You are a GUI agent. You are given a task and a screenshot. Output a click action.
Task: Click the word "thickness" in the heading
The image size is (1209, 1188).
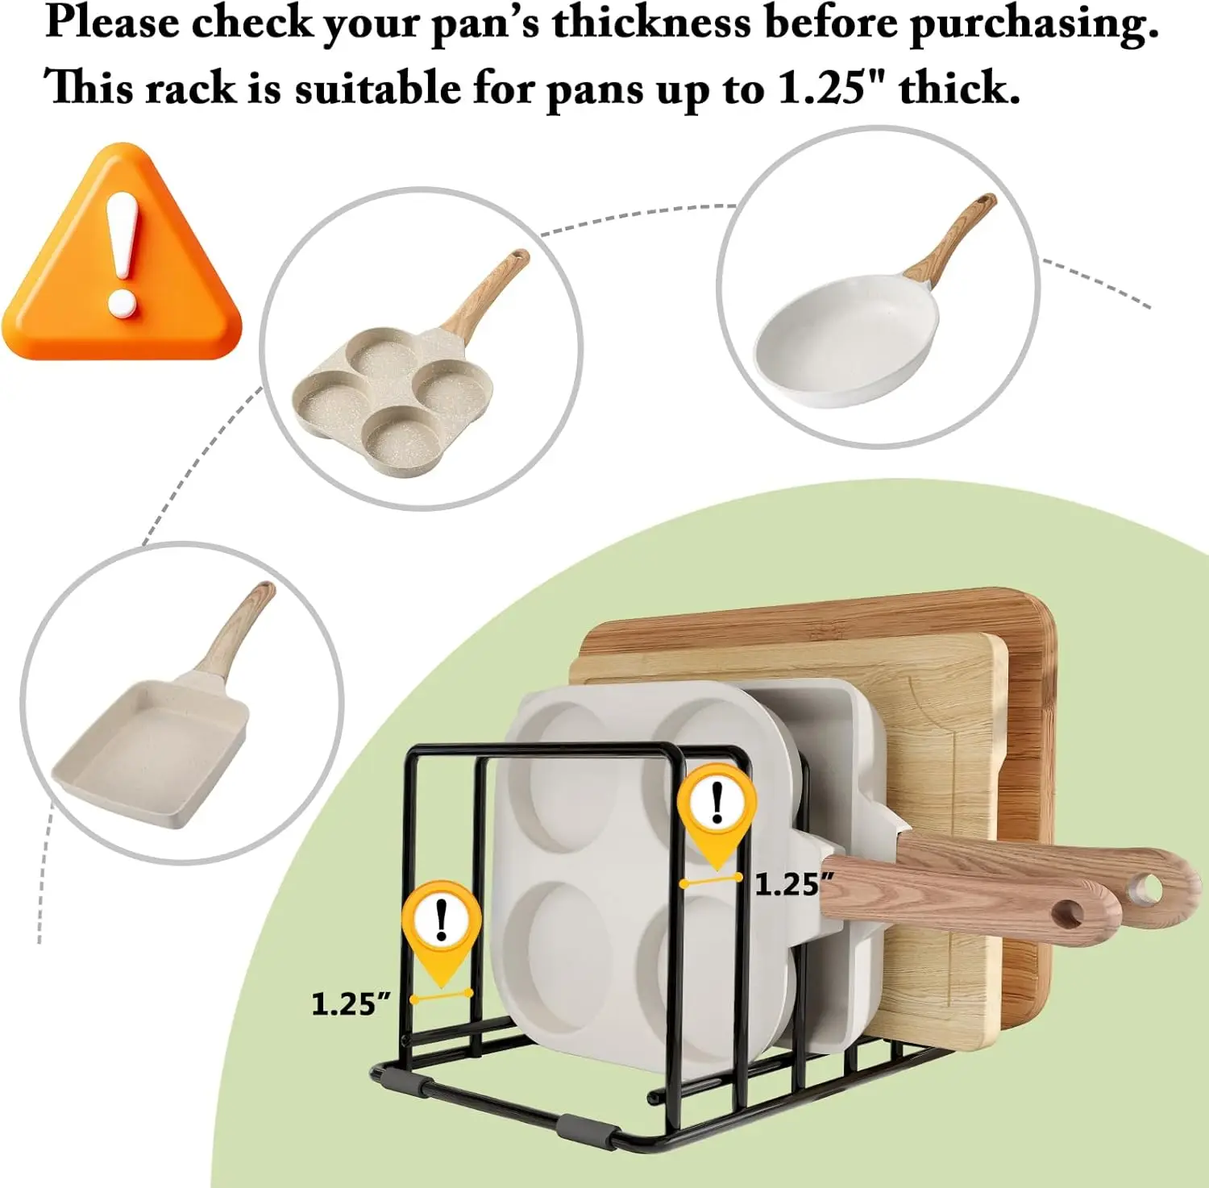click(x=650, y=23)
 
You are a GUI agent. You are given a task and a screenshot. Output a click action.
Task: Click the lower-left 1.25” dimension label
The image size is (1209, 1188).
click(x=351, y=1004)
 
